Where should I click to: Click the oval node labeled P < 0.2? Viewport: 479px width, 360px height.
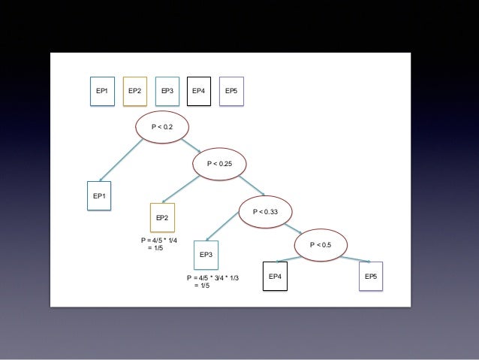point(162,127)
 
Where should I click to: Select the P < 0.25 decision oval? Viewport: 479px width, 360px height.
point(221,163)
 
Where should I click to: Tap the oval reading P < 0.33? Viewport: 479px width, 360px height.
point(265,212)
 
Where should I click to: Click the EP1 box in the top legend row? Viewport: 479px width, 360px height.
point(101,91)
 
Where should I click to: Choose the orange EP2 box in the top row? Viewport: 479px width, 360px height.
point(134,91)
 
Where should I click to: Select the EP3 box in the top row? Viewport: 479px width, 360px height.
point(167,91)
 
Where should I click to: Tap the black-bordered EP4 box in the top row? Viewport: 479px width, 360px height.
point(199,91)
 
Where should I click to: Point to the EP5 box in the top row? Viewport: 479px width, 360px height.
point(232,91)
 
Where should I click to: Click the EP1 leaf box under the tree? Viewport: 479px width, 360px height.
point(100,197)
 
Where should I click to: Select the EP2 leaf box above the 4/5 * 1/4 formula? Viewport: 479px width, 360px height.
point(162,218)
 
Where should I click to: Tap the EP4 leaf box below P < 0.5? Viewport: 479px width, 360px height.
point(275,277)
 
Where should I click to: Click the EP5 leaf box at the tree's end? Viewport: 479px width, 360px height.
point(371,277)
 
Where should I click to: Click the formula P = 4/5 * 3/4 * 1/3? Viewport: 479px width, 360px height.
point(212,281)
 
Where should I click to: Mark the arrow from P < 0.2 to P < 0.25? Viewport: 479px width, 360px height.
point(190,144)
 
